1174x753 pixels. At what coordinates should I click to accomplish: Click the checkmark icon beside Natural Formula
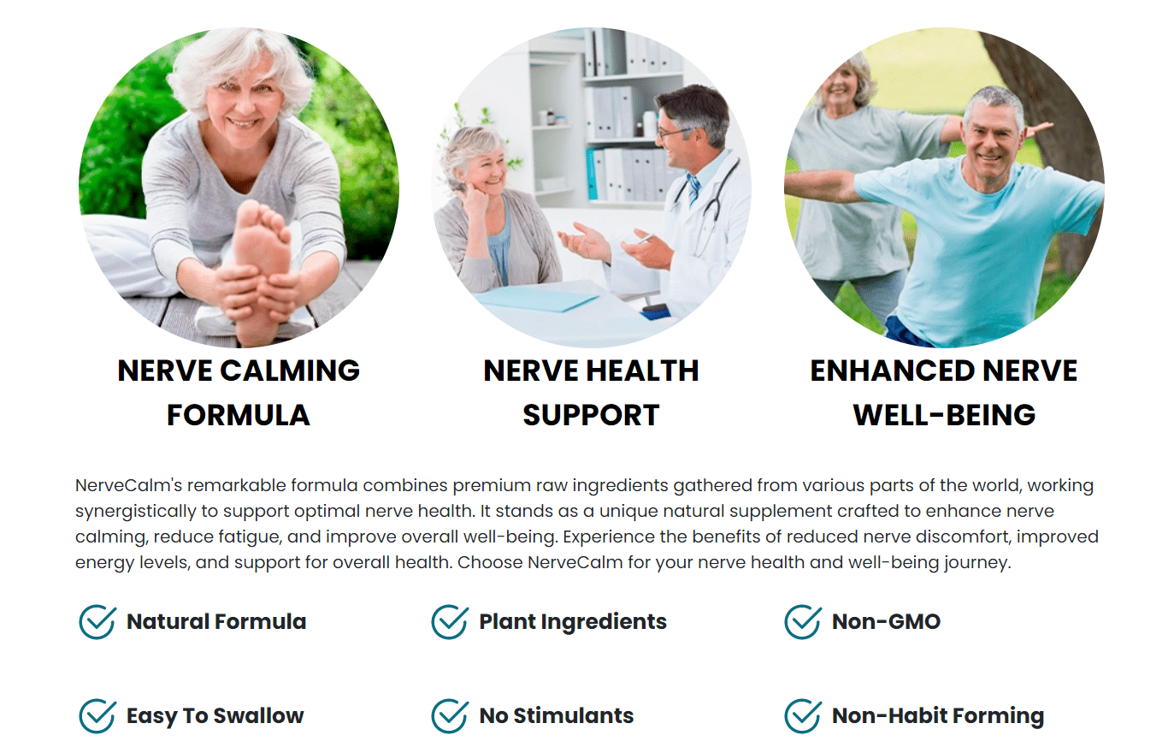click(x=97, y=622)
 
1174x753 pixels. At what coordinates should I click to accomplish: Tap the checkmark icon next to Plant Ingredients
click(x=449, y=622)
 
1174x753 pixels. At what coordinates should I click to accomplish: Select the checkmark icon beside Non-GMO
click(x=802, y=622)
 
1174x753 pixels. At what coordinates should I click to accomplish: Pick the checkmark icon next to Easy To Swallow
click(x=97, y=715)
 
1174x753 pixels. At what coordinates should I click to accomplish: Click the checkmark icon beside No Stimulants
click(x=449, y=715)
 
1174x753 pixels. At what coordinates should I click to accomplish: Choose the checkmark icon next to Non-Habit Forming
click(x=802, y=715)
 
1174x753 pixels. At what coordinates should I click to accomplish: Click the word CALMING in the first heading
click(x=290, y=371)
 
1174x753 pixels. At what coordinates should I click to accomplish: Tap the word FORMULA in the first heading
click(x=239, y=415)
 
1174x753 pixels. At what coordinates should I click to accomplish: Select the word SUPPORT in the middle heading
click(x=591, y=415)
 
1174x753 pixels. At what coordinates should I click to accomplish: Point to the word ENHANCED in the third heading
click(x=893, y=371)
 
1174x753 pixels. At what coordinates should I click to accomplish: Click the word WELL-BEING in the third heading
click(x=945, y=415)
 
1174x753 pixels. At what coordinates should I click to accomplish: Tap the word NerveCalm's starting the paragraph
click(x=128, y=485)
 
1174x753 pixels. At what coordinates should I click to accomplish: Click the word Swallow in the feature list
click(x=258, y=715)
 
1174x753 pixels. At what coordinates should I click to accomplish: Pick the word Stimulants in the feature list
click(x=574, y=715)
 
